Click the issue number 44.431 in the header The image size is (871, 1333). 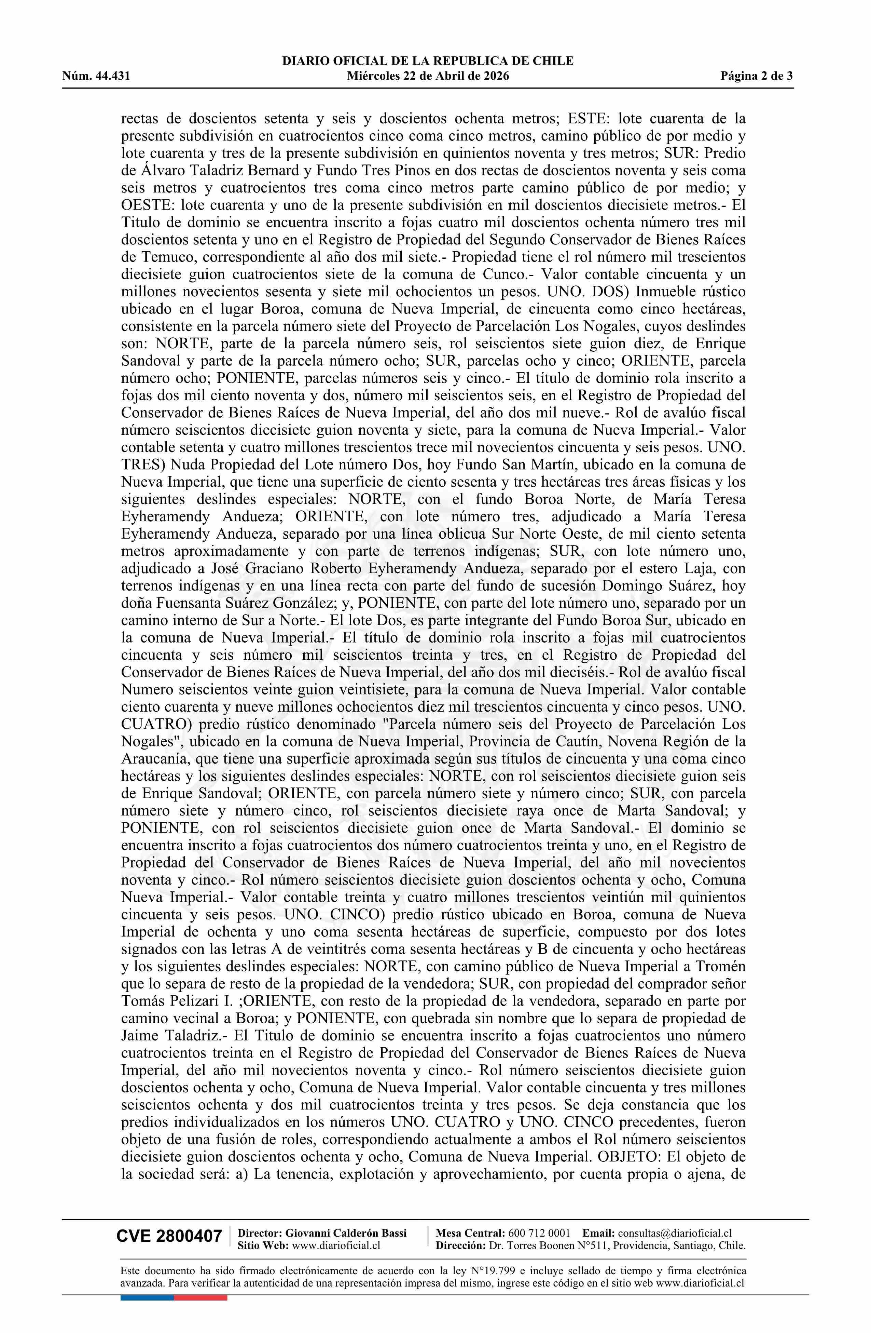[112, 76]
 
